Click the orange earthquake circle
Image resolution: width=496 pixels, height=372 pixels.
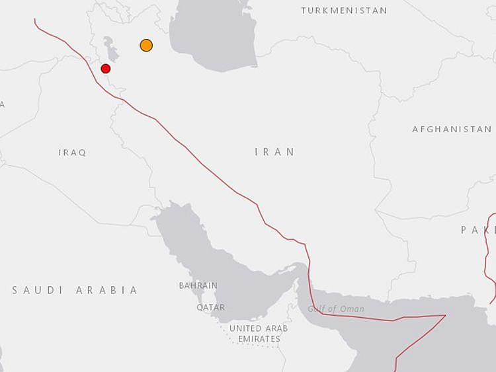146,45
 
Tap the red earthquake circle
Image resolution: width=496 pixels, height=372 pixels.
105,68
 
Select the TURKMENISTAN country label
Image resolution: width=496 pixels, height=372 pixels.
344,11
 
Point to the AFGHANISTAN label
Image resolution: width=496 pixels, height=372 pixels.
452,129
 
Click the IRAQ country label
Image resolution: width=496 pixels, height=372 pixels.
72,153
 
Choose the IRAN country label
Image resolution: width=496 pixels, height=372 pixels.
274,152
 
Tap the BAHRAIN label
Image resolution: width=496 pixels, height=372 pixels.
198,285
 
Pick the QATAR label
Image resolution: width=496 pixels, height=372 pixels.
210,307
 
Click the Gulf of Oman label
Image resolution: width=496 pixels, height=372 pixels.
335,309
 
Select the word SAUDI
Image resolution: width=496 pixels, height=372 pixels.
38,290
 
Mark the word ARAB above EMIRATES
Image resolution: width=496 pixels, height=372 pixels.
278,328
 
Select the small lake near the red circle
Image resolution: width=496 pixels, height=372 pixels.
110,48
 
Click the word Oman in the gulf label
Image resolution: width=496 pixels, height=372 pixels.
352,309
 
